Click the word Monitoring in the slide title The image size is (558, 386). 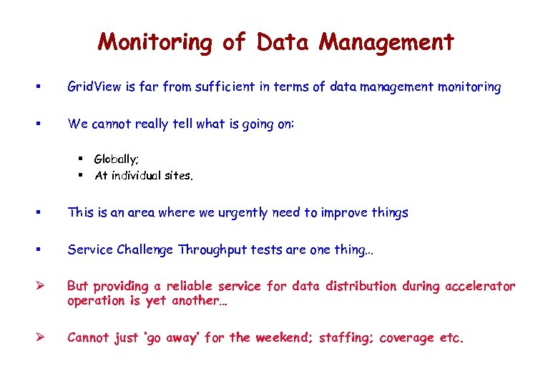click(155, 42)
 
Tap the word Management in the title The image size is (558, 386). click(386, 42)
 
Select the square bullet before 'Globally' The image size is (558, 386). click(82, 159)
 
